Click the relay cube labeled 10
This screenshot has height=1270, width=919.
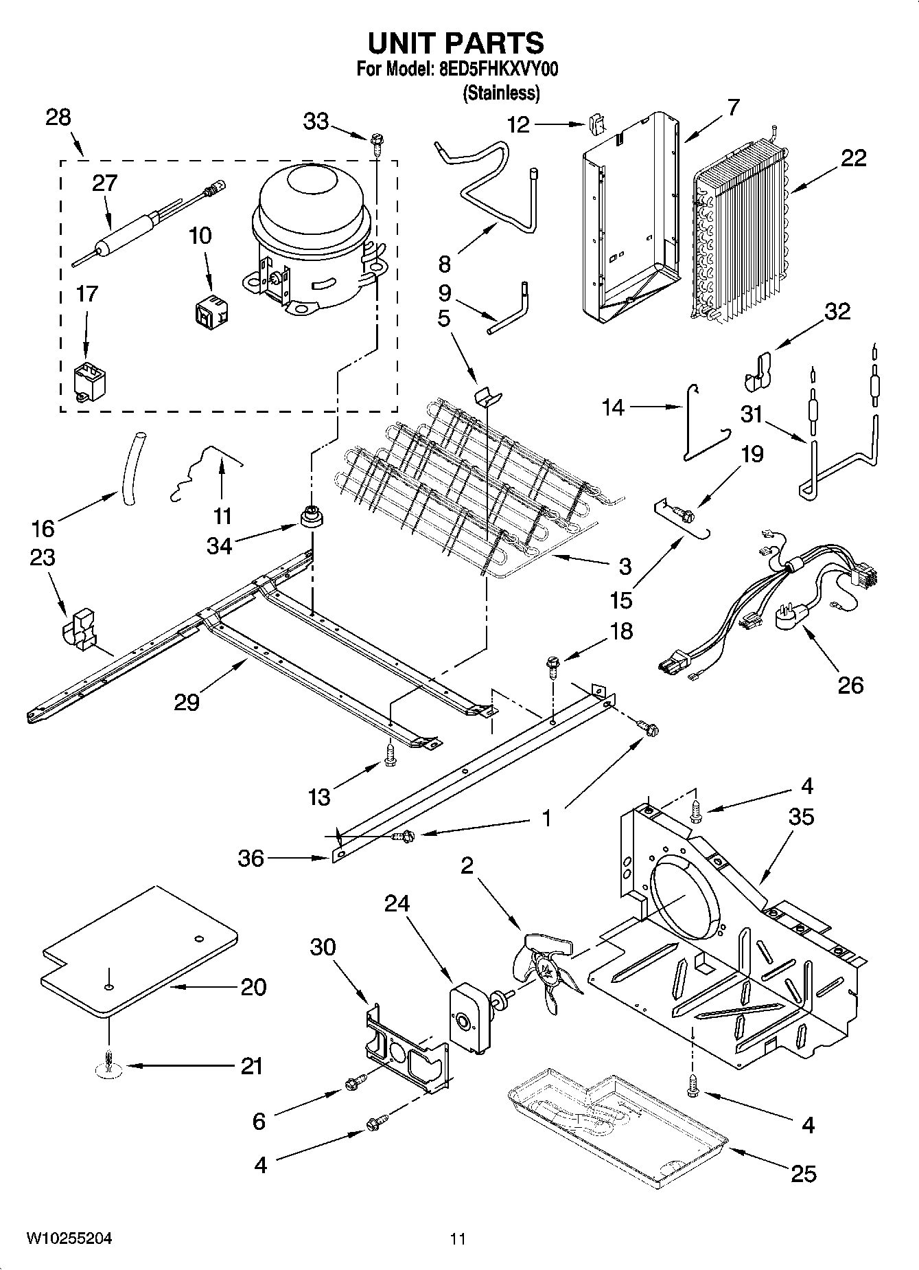click(209, 308)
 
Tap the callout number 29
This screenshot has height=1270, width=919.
click(187, 702)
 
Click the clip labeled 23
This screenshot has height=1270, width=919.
click(80, 627)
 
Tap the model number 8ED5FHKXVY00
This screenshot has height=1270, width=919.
click(496, 69)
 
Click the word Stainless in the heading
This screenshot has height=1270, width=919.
click(500, 93)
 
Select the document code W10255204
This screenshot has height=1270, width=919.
click(69, 1238)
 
